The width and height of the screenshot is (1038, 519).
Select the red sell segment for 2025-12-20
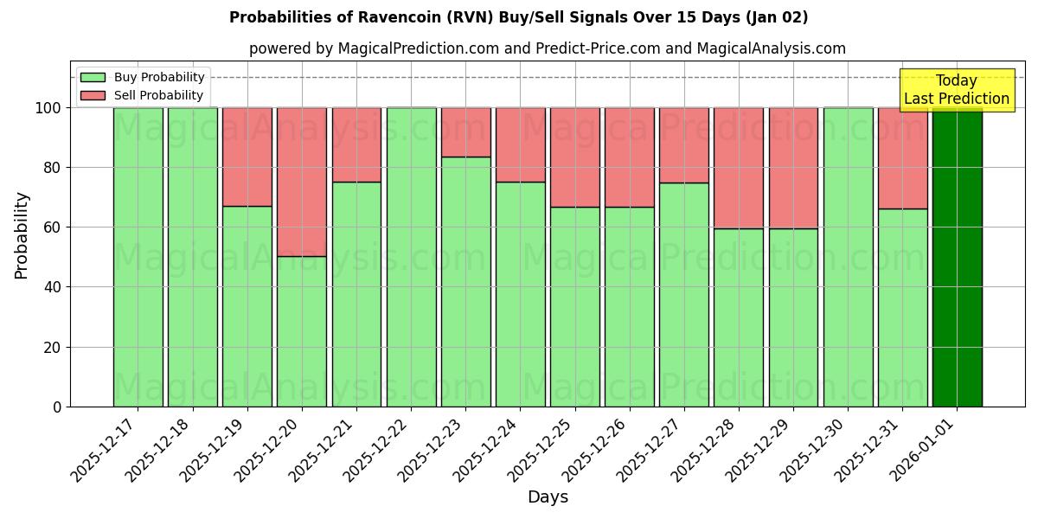(302, 182)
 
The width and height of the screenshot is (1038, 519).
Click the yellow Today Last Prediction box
(956, 90)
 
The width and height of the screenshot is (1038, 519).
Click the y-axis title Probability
(22, 235)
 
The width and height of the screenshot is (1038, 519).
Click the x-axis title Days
(548, 497)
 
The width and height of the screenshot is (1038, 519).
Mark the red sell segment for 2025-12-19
(247, 157)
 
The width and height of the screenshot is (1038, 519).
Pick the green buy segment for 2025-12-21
(356, 294)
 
